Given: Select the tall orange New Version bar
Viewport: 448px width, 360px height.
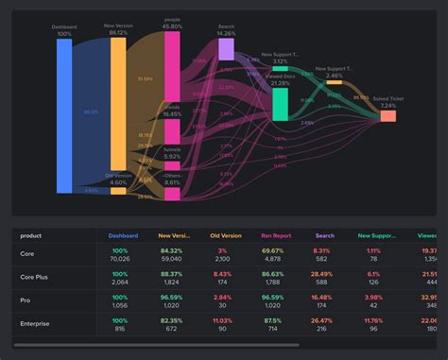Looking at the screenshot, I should pyautogui.click(x=118, y=104).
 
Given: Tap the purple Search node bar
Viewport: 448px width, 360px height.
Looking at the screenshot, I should pyautogui.click(x=226, y=48).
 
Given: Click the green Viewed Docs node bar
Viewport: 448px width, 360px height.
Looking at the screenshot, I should pyautogui.click(x=281, y=105).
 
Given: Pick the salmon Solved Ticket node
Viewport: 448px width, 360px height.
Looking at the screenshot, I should pyautogui.click(x=388, y=116).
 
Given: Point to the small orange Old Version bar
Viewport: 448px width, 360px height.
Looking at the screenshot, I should pyautogui.click(x=118, y=190).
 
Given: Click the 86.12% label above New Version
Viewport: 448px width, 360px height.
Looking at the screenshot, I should pyautogui.click(x=118, y=33).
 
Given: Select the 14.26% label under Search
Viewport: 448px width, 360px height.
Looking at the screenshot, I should pyautogui.click(x=226, y=33).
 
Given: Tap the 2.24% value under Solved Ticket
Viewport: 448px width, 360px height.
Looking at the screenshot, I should pyautogui.click(x=388, y=106).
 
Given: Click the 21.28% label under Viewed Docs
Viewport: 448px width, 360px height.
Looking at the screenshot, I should pyautogui.click(x=281, y=83).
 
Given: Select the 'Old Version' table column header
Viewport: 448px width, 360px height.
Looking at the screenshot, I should pyautogui.click(x=225, y=235).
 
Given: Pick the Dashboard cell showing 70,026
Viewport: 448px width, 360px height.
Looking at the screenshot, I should pyautogui.click(x=118, y=258).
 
